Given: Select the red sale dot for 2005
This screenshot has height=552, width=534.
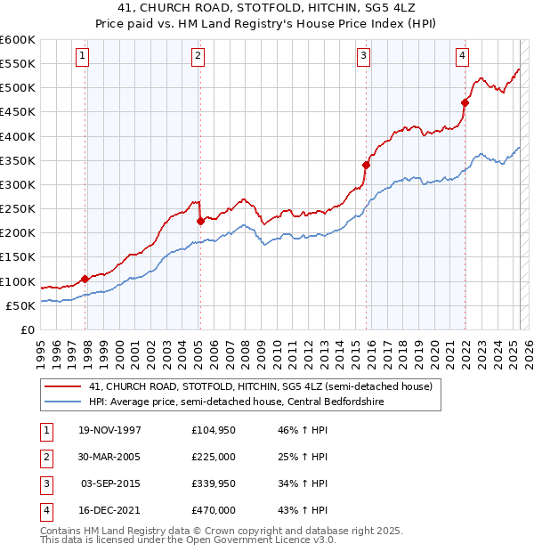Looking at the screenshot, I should point(200,221).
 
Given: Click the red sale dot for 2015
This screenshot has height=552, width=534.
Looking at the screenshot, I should point(366,165).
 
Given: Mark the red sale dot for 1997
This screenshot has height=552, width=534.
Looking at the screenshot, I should point(85,279).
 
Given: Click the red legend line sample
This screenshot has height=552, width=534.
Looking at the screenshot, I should point(62,386).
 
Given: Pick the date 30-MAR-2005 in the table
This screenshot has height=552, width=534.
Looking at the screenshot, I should point(109,458).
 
